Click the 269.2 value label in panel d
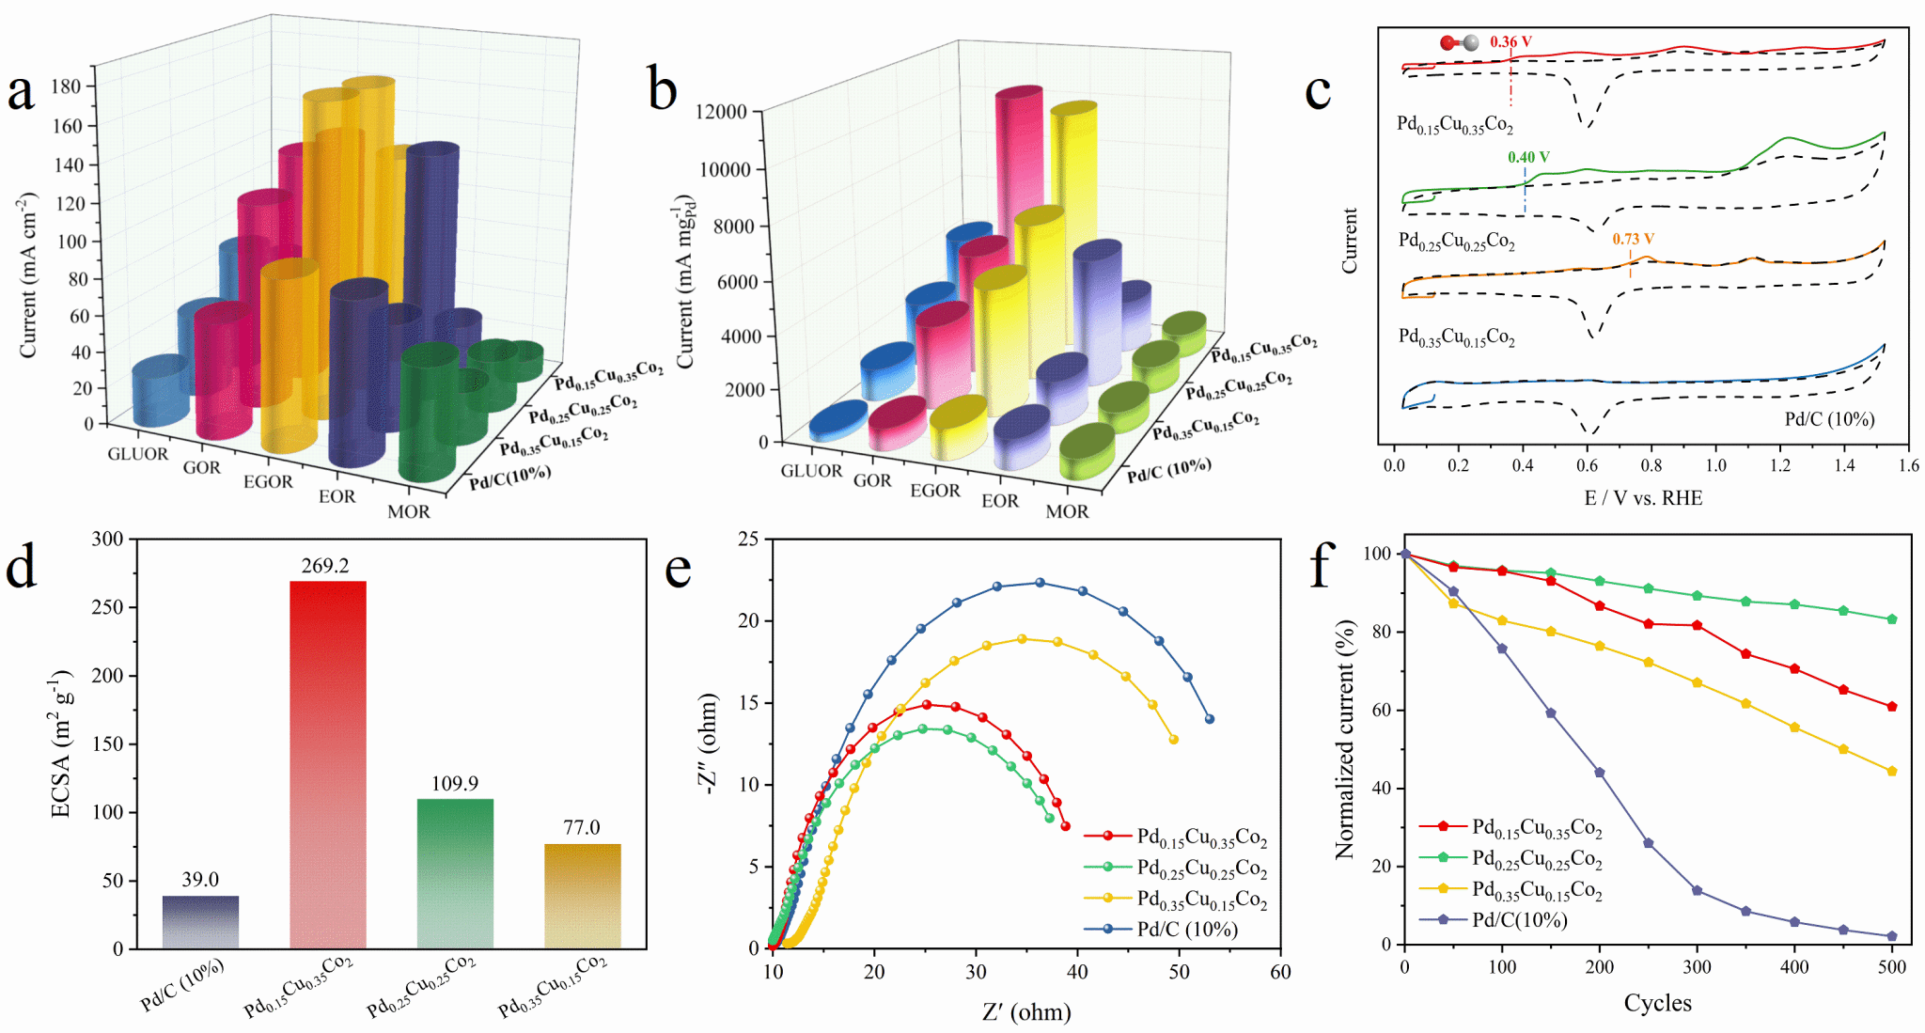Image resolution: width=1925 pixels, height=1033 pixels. (x=325, y=565)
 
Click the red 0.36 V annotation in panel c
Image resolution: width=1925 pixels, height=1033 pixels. (x=1510, y=41)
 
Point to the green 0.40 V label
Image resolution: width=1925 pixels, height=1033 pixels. (x=1528, y=157)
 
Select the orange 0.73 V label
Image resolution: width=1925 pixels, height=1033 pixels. (x=1633, y=239)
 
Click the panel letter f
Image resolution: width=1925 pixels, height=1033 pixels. (x=1322, y=565)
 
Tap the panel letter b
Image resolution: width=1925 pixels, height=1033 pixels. (x=663, y=91)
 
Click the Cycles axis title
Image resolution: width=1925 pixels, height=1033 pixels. (x=1657, y=1003)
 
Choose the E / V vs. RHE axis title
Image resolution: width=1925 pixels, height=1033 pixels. (x=1643, y=498)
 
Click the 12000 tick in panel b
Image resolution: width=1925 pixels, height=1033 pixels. (x=721, y=112)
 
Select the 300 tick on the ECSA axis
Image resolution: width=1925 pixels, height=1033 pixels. (x=107, y=539)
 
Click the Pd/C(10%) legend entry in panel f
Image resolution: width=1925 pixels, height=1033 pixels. (x=1519, y=920)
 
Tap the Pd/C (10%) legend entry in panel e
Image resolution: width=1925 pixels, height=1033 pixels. (x=1187, y=930)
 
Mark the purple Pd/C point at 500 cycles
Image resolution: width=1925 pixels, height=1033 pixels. (x=1892, y=936)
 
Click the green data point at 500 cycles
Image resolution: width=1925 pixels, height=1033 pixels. (x=1892, y=619)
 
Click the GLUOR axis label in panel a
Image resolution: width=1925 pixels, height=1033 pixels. (x=137, y=454)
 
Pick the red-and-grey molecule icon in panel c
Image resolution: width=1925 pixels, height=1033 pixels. (x=1459, y=42)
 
